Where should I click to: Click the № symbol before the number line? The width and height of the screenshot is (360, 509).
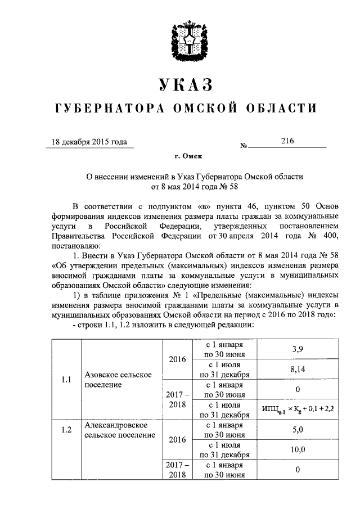(x=244, y=146)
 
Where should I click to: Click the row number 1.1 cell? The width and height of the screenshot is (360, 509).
(x=66, y=379)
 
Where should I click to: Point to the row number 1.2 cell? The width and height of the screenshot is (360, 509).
(x=66, y=430)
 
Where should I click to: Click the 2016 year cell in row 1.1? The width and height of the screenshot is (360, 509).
(x=177, y=359)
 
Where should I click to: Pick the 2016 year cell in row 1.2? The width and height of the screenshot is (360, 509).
(x=177, y=440)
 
